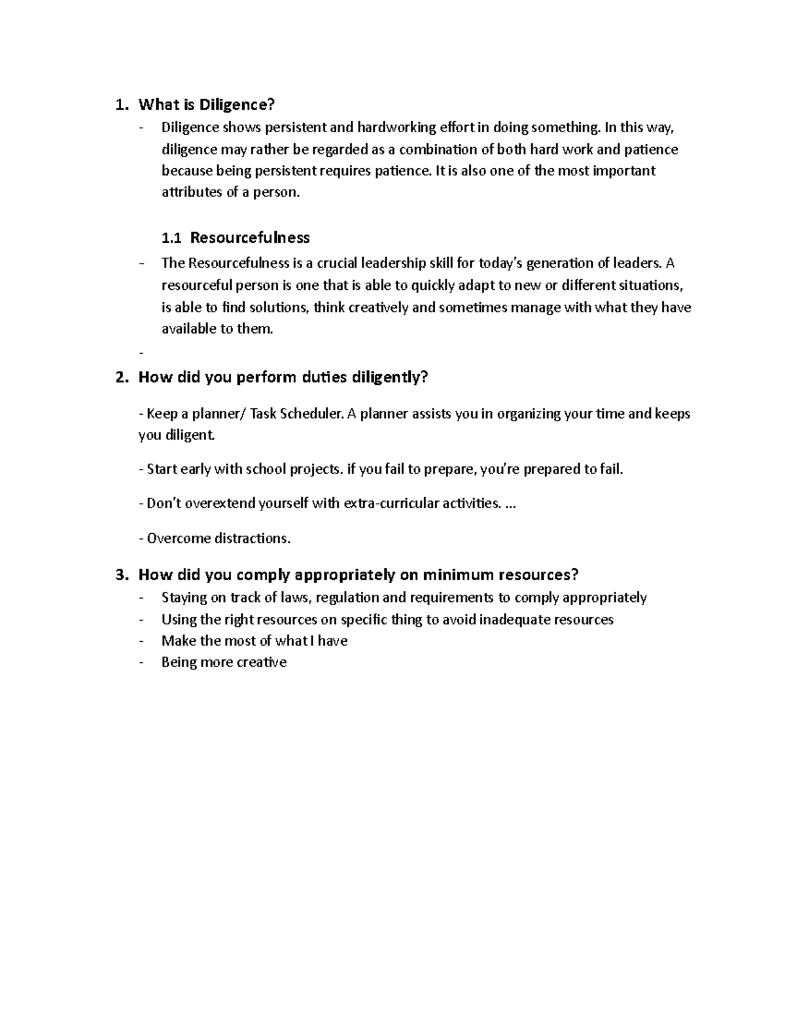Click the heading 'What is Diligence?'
pos(207,105)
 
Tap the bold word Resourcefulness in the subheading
pos(250,237)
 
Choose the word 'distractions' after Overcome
pos(249,538)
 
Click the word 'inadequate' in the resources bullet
pos(514,620)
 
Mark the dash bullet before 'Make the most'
pos(141,641)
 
